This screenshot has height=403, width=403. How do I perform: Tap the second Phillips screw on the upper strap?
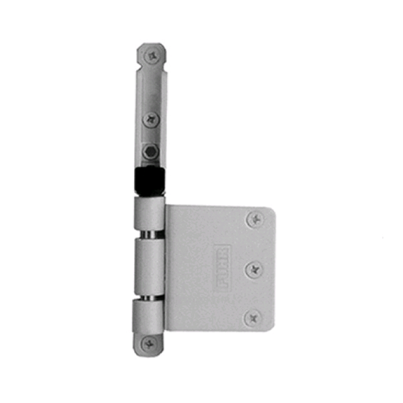coord(151,119)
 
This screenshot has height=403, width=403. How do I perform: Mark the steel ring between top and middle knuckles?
coord(149,234)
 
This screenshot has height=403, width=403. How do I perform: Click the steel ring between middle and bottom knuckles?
coord(149,298)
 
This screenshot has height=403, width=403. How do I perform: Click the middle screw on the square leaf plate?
coord(254,269)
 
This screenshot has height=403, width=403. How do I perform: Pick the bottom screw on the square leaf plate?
coord(253,318)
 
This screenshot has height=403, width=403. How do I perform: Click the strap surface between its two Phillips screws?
coord(151,88)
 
